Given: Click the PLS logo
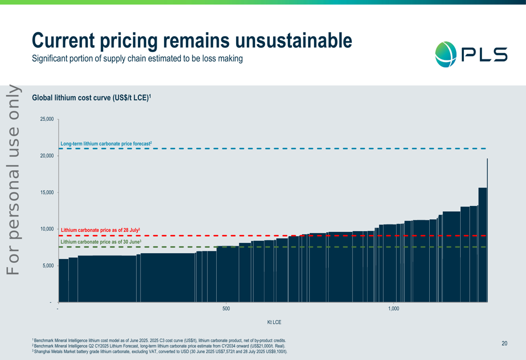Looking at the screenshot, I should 471,54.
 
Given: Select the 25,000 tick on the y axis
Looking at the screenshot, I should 47,119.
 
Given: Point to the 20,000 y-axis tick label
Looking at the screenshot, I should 47,156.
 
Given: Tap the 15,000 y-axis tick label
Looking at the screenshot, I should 47,192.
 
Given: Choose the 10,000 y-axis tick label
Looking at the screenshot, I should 47,229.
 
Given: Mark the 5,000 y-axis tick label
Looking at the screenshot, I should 48,266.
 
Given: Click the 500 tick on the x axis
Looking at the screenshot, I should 226,308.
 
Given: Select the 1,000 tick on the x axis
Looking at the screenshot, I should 393,308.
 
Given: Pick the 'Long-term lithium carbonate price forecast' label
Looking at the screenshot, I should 106,143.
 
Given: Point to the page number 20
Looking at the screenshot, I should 504,343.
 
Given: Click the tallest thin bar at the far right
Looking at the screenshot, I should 488,231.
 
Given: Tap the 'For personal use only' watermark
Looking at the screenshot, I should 13,179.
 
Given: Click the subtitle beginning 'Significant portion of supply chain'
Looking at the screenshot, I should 137,58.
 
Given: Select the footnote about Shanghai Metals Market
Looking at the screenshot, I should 160,351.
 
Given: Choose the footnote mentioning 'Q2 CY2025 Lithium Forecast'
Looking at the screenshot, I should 158,346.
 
